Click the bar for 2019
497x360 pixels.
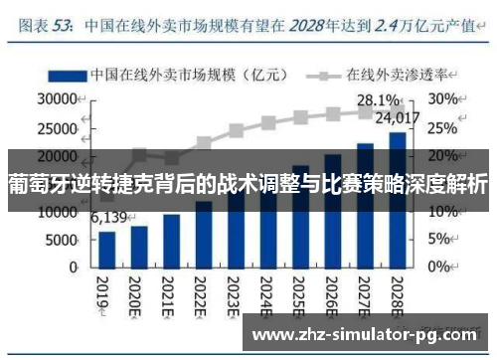coord(107,250)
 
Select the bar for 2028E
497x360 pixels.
coord(396,200)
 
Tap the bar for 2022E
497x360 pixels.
coord(204,235)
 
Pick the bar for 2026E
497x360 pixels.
coord(332,211)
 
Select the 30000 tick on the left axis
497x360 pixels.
coord(57,99)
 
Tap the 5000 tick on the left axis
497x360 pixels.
coord(61,241)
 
